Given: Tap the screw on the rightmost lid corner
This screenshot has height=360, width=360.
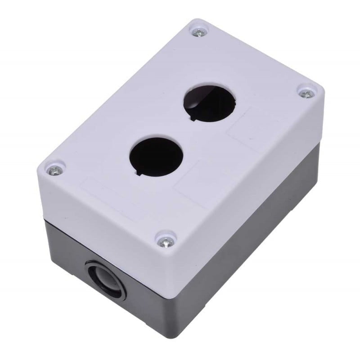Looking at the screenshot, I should coord(306,94).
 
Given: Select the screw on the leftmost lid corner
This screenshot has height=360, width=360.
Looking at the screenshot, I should coord(55,170).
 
